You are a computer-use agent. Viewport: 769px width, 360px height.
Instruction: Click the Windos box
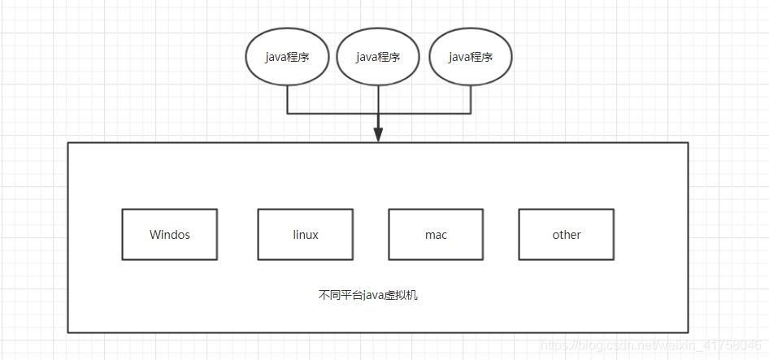click(170, 235)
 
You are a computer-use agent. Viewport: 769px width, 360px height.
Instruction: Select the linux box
click(306, 235)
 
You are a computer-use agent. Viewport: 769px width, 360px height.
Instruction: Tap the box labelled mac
click(436, 235)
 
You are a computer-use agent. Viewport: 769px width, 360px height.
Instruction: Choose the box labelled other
click(567, 235)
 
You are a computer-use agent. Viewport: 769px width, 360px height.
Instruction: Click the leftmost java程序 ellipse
click(287, 57)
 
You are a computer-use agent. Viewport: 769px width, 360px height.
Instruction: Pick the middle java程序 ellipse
click(378, 57)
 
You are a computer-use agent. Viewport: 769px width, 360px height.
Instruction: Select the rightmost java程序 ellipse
click(471, 57)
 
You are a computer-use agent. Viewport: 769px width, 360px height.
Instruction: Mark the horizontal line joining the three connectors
click(333, 112)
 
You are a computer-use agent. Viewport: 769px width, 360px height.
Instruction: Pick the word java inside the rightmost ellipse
click(460, 57)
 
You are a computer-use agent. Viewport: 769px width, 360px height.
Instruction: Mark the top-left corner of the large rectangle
click(68, 143)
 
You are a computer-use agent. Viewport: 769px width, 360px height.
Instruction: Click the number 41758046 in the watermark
click(736, 347)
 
